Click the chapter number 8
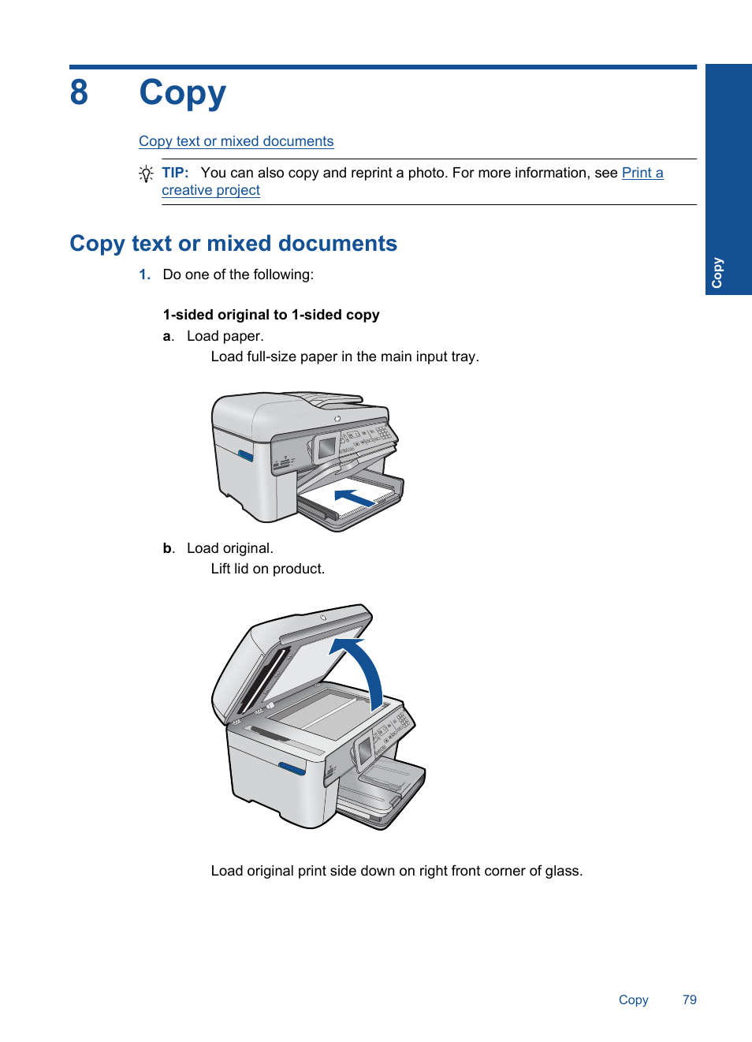coord(79,92)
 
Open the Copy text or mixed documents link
coord(236,141)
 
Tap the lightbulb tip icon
coord(146,174)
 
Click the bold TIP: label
coord(175,173)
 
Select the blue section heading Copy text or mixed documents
coord(233,243)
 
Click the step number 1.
coord(145,275)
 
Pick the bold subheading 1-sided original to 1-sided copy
coord(271,315)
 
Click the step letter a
coord(168,336)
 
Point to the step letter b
coord(168,548)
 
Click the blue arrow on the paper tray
coord(354,497)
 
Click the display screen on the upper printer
coord(327,447)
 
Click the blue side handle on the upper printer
coord(245,455)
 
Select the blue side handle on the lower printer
coord(292,768)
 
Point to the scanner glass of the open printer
coord(326,712)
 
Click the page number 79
coord(690,999)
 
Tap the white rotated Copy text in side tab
coord(717,273)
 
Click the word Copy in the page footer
coord(633,1000)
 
